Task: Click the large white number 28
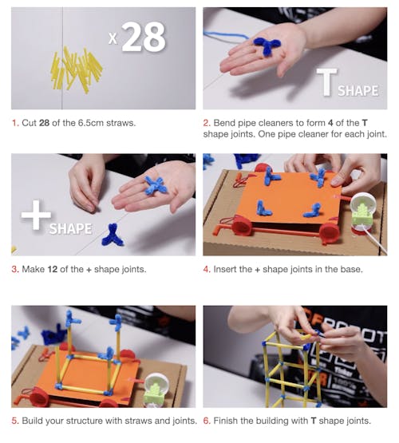tap(144, 37)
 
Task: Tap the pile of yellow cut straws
tap(77, 69)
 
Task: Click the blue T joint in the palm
tap(267, 45)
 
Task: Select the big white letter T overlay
tap(326, 81)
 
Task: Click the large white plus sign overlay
tap(36, 215)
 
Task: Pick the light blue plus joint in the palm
tap(155, 185)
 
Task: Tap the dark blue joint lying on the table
tap(113, 235)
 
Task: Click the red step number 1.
tap(15, 123)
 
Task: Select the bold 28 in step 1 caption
tap(44, 123)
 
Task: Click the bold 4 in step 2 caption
tap(330, 123)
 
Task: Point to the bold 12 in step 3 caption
tap(52, 269)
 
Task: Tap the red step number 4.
tap(207, 269)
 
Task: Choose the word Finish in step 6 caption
tap(226, 421)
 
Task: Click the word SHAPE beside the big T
tap(358, 91)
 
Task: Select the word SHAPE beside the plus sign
tap(70, 228)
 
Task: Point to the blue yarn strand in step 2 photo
tap(226, 36)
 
